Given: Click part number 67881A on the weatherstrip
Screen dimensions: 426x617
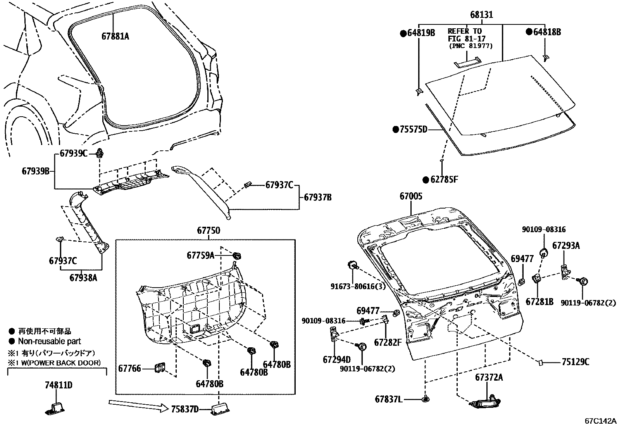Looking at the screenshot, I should [x=115, y=36].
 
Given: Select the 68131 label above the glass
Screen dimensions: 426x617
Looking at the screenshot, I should [x=481, y=15].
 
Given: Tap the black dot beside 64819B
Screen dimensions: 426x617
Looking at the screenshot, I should [x=403, y=33].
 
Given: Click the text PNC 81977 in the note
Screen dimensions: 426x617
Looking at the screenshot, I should [x=471, y=46].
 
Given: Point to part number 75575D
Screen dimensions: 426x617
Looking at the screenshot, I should [x=413, y=129].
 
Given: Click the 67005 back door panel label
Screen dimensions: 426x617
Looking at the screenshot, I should [x=411, y=197].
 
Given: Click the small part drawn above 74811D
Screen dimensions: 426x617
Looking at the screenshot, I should [x=57, y=408].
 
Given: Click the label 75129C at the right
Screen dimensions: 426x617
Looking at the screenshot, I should [x=575, y=362].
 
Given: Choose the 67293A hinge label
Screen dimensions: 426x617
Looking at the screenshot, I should [x=566, y=245].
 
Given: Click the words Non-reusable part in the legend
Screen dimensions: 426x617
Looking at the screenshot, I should [x=49, y=341].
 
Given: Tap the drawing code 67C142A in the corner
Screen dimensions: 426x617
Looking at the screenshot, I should [x=600, y=421].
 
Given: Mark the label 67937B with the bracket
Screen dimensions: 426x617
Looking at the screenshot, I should [x=317, y=197].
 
